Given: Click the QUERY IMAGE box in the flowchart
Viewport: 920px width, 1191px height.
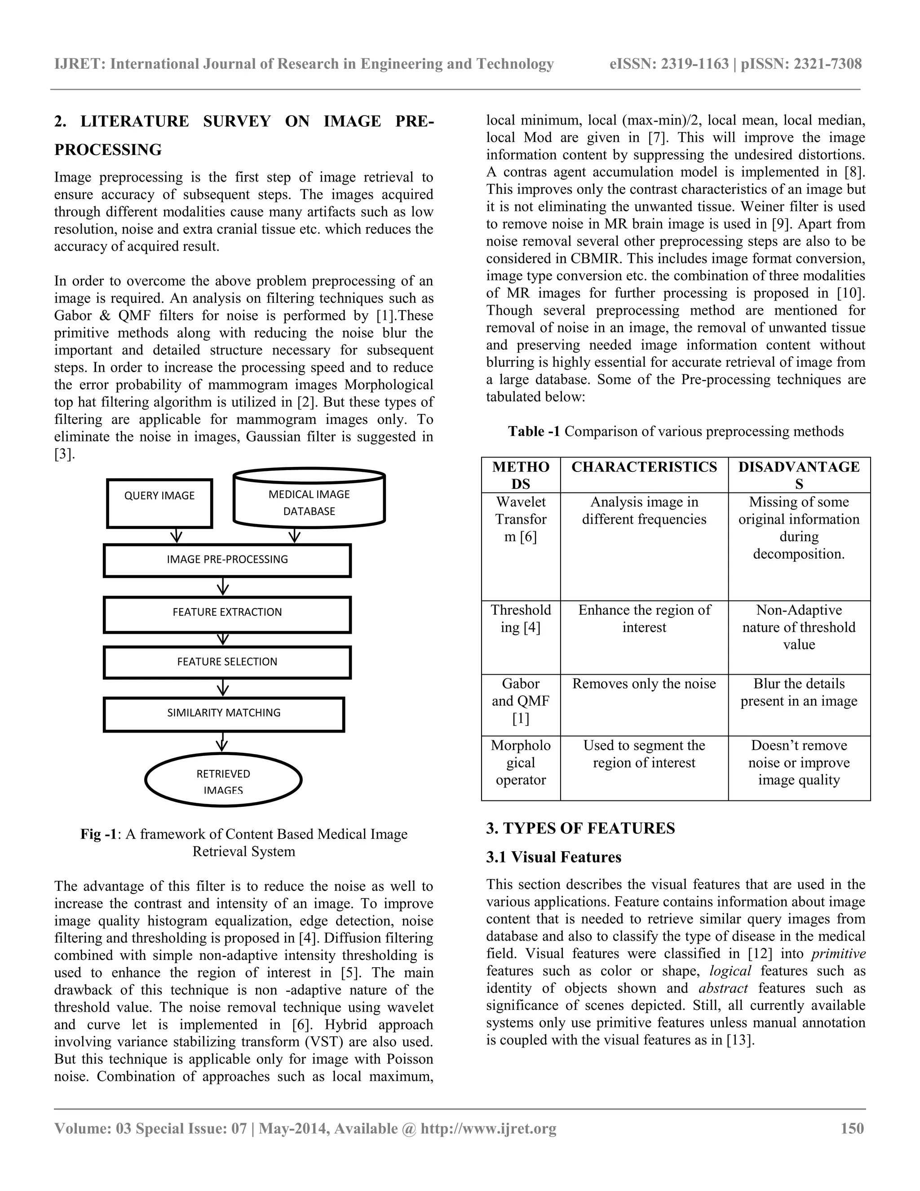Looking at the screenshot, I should (159, 503).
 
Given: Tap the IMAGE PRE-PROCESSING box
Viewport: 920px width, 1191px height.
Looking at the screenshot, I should (227, 560).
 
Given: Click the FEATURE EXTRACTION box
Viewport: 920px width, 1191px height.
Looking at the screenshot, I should (227, 613).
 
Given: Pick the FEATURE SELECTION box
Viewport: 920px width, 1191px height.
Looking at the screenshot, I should (227, 662).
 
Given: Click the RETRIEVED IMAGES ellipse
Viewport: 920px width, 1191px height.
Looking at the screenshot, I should (223, 780).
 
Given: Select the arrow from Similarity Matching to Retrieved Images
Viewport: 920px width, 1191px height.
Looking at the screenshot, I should (222, 742).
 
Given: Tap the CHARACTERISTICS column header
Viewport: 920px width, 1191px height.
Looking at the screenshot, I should (644, 467).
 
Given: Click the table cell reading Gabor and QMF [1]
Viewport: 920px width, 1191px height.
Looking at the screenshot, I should (521, 701).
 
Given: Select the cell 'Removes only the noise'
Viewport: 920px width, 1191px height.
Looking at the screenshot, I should (644, 684).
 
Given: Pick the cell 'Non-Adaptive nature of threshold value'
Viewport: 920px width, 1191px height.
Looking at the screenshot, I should (799, 627).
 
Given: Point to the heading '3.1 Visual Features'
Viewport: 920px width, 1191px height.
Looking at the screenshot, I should (554, 857).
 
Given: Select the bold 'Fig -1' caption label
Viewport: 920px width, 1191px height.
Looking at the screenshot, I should (99, 834).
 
